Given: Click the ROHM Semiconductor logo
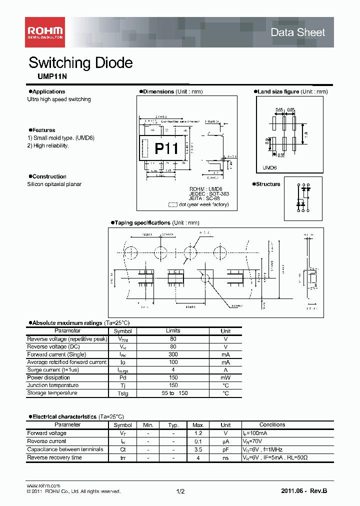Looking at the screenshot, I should click(44, 32).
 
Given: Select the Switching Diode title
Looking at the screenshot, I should click(80, 63).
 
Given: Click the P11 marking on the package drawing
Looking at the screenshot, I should click(166, 148).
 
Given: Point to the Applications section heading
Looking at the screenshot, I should click(48, 91).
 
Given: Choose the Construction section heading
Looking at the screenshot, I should click(49, 176).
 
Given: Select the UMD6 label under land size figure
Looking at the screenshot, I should click(270, 169).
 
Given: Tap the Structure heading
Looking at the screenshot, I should click(268, 184).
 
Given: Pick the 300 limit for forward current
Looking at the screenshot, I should click(173, 354).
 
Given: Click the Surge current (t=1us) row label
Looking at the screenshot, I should click(53, 370).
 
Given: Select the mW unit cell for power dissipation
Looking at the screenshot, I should click(225, 377).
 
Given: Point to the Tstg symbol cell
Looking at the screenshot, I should click(122, 393).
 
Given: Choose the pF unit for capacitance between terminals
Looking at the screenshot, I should click(225, 449).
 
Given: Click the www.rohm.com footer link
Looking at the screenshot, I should click(43, 485).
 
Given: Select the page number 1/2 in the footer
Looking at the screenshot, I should click(180, 491).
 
